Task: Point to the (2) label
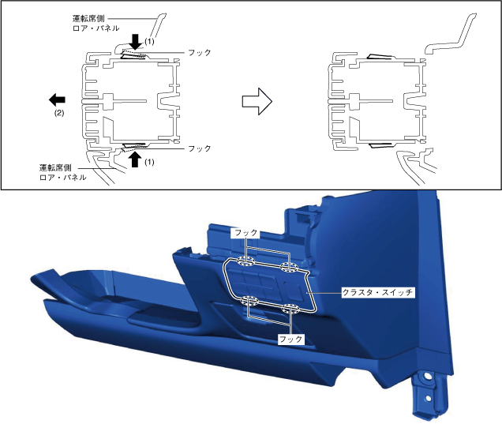[x=58, y=114]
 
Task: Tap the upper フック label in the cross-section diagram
[x=198, y=52]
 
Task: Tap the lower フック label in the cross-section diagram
[x=198, y=148]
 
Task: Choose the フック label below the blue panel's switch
[x=291, y=337]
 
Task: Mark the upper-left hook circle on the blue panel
[x=245, y=261]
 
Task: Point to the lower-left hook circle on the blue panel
[x=251, y=300]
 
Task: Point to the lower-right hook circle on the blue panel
[x=290, y=308]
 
